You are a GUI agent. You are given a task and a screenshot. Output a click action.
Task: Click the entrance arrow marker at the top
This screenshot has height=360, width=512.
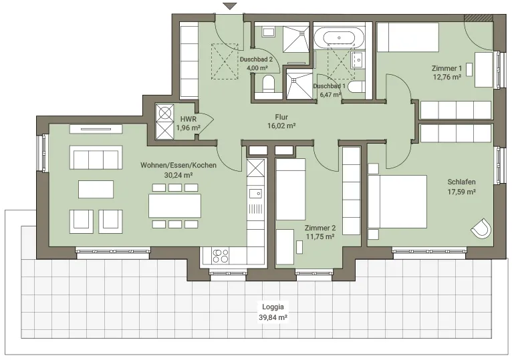pyautogui.click(x=230, y=6)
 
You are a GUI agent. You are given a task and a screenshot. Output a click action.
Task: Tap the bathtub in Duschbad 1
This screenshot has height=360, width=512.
pyautogui.click(x=339, y=37)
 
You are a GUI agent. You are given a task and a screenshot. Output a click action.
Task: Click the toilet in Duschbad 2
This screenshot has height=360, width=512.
pyautogui.click(x=269, y=83)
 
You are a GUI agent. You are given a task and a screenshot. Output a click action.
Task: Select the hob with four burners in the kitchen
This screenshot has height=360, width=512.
pyautogui.click(x=221, y=256)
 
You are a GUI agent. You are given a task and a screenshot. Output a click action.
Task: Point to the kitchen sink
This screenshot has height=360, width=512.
pyautogui.click(x=255, y=194)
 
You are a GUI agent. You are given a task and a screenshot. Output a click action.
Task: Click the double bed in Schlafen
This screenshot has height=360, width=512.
pyautogui.click(x=398, y=202)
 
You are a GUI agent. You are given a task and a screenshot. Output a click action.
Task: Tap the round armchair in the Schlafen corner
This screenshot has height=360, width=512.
pyautogui.click(x=481, y=228)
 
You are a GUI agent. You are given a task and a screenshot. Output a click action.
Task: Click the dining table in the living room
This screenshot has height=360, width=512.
pyautogui.click(x=174, y=206)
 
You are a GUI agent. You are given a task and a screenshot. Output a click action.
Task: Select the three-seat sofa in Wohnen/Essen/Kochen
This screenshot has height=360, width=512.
pyautogui.click(x=96, y=158)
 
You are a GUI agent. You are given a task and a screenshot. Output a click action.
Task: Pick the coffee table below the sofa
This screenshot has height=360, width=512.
pyautogui.click(x=96, y=189)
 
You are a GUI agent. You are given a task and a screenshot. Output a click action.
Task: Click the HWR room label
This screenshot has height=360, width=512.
pyautogui.click(x=188, y=119)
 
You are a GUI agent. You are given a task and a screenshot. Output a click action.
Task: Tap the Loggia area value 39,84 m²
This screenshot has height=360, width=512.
pyautogui.click(x=273, y=317)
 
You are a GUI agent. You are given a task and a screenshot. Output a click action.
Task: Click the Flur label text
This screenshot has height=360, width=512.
pyautogui.click(x=281, y=117)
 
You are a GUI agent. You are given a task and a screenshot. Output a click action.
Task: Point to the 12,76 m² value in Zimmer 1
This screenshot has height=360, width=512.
pyautogui.click(x=447, y=77)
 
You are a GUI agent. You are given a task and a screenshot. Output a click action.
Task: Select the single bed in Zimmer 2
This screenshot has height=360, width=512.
pyautogui.click(x=291, y=189)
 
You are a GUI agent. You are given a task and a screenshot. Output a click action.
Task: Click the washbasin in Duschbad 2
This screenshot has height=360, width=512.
pyautogui.click(x=269, y=32)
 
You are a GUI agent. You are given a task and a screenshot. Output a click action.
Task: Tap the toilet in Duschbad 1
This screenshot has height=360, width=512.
pyautogui.click(x=356, y=87)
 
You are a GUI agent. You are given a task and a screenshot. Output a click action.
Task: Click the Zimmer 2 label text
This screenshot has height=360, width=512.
pyautogui.click(x=320, y=228)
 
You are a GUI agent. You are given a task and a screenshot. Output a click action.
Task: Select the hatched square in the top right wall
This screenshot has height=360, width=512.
pyautogui.click(x=478, y=18)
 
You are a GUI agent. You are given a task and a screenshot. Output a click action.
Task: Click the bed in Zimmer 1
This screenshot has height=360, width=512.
pyautogui.click(x=408, y=37)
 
